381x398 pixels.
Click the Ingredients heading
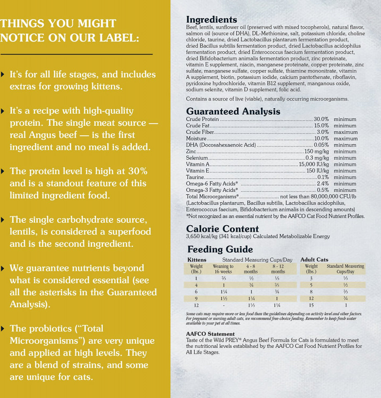coord(211,20)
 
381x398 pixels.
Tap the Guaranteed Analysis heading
coord(233,111)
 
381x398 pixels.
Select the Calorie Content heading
coord(222,229)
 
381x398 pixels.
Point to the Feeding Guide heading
coord(220,250)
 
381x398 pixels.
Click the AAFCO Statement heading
coord(210,334)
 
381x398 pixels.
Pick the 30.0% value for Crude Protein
coord(321,119)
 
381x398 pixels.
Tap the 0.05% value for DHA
coord(321,145)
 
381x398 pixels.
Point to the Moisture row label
coord(196,139)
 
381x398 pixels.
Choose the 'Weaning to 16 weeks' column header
coord(223,269)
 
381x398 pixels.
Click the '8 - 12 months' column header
coord(278,269)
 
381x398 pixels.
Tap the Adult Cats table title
coord(314,260)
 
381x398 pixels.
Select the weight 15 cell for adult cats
coord(311,305)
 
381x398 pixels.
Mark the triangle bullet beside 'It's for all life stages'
coord(3,74)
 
